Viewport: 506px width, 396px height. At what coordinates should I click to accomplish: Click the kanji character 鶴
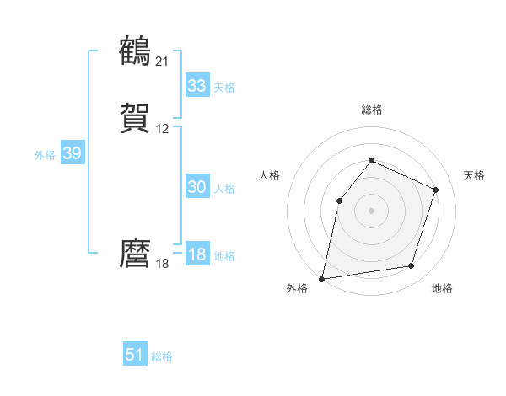click(x=136, y=51)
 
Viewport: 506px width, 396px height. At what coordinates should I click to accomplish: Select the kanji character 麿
click(x=136, y=254)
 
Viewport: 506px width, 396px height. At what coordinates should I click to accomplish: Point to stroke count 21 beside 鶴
click(x=163, y=61)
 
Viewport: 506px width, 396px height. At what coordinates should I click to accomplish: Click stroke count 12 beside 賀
click(x=163, y=129)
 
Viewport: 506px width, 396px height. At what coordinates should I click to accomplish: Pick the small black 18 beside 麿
click(x=163, y=264)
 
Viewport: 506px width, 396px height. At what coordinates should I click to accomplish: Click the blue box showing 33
click(x=197, y=86)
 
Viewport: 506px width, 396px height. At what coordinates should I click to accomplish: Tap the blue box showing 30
click(x=197, y=188)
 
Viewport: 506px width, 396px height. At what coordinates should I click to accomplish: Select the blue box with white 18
click(x=197, y=254)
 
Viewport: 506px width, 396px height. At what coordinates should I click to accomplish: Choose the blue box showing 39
click(x=72, y=153)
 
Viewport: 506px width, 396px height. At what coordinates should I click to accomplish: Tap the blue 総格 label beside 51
click(x=162, y=356)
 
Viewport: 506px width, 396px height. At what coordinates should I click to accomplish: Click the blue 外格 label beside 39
click(x=45, y=155)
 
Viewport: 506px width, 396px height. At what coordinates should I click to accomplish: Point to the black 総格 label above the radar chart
click(x=372, y=110)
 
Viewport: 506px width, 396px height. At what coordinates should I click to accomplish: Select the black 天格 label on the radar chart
click(x=474, y=175)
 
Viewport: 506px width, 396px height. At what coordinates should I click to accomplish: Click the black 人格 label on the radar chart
click(x=270, y=175)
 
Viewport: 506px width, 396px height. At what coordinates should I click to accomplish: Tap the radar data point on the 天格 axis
click(x=436, y=190)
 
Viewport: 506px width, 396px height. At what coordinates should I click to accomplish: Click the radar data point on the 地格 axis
click(x=412, y=266)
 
